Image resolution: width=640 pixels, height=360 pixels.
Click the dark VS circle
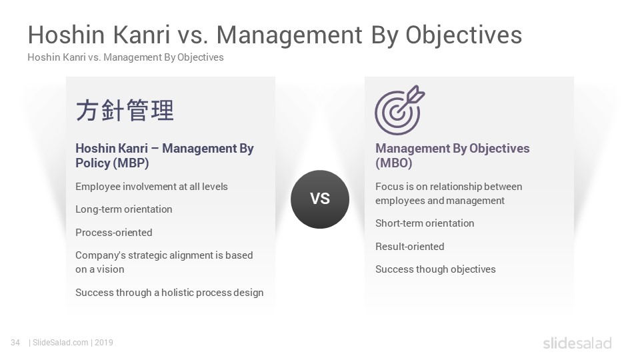pyautogui.click(x=320, y=199)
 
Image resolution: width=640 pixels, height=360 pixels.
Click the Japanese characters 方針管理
pyautogui.click(x=125, y=110)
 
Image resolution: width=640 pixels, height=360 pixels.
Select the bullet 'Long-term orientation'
pyautogui.click(x=124, y=209)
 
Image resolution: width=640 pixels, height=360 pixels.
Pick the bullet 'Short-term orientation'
pyautogui.click(x=425, y=223)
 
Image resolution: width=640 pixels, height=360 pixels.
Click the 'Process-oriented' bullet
pyautogui.click(x=114, y=232)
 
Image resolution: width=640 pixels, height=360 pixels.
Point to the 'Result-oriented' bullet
pyautogui.click(x=410, y=246)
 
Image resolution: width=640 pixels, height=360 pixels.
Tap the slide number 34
pyautogui.click(x=15, y=343)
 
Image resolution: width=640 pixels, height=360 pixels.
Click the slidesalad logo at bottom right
pyautogui.click(x=577, y=343)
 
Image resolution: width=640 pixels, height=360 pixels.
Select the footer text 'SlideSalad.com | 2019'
pyautogui.click(x=73, y=343)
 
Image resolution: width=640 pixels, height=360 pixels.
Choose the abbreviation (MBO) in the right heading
pyautogui.click(x=394, y=163)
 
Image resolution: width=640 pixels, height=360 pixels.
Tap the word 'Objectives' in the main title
pyautogui.click(x=464, y=35)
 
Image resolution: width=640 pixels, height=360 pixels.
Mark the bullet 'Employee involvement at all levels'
pyautogui.click(x=151, y=186)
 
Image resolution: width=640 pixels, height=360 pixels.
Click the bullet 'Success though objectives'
pyautogui.click(x=435, y=269)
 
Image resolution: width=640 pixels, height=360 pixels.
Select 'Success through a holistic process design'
pyautogui.click(x=169, y=292)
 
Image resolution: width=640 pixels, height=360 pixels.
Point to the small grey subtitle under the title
pyautogui.click(x=126, y=57)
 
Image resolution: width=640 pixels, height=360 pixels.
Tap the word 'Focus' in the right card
pyautogui.click(x=389, y=186)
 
